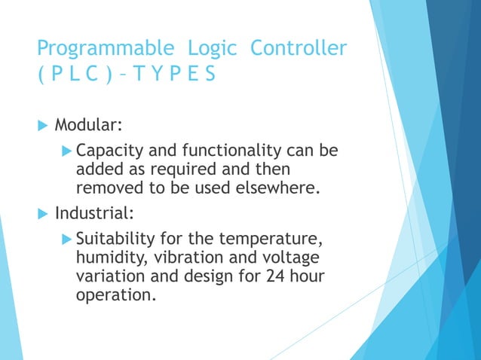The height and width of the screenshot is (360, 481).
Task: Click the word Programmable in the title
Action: pos(105,50)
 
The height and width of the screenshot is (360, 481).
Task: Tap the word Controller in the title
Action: pos(299,49)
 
